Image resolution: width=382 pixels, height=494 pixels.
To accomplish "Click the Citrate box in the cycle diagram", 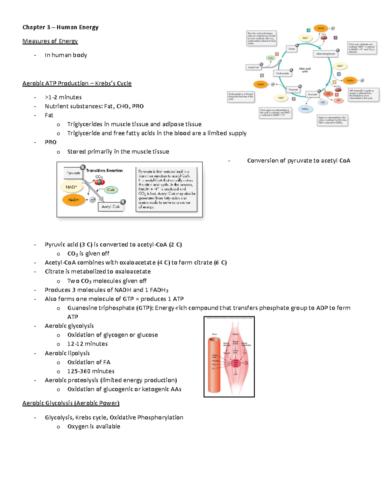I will click(292, 49).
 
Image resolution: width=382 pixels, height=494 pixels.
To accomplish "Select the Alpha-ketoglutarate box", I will click(325, 54).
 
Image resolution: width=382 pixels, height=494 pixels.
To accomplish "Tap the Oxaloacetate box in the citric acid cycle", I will click(282, 73).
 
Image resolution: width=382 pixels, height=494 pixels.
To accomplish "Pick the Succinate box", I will click(312, 94).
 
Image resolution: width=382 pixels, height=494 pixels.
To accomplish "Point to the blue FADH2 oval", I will click(305, 109).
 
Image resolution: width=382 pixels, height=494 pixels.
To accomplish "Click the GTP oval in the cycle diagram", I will click(328, 94).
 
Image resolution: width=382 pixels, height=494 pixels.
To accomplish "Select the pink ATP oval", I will click(338, 100).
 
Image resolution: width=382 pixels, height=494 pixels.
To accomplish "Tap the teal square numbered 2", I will click(308, 30).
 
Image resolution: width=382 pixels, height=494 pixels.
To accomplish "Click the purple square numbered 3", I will click(335, 38).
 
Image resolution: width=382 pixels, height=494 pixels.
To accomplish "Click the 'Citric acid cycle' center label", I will click(305, 70).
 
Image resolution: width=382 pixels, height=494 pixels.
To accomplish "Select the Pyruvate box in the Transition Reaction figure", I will click(73, 173).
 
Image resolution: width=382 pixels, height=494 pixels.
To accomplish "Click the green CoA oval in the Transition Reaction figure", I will click(111, 190).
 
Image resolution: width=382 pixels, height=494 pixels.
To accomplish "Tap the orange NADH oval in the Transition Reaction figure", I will click(74, 200).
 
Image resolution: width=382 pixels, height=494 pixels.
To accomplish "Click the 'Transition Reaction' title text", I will click(104, 170).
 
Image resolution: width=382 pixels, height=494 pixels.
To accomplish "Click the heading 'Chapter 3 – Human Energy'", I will click(60, 27).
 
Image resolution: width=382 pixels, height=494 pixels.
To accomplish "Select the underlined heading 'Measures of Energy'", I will click(50, 41).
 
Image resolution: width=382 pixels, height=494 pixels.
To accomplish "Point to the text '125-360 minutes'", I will click(91, 371).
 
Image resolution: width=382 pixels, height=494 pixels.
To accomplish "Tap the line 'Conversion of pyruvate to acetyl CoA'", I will click(298, 161).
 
